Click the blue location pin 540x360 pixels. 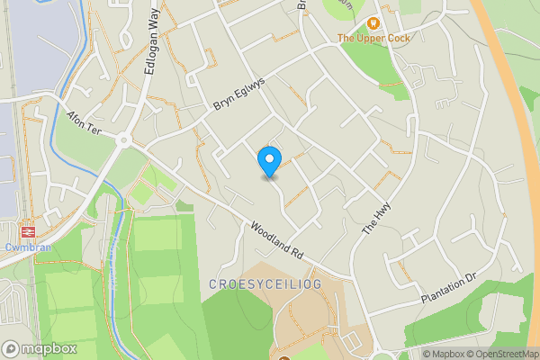click(268, 161)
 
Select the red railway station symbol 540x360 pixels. click(29, 229)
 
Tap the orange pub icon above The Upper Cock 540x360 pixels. click(373, 23)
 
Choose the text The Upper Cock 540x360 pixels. click(373, 38)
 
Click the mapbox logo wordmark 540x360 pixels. click(40, 348)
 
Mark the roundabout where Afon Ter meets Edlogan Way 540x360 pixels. click(123, 140)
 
